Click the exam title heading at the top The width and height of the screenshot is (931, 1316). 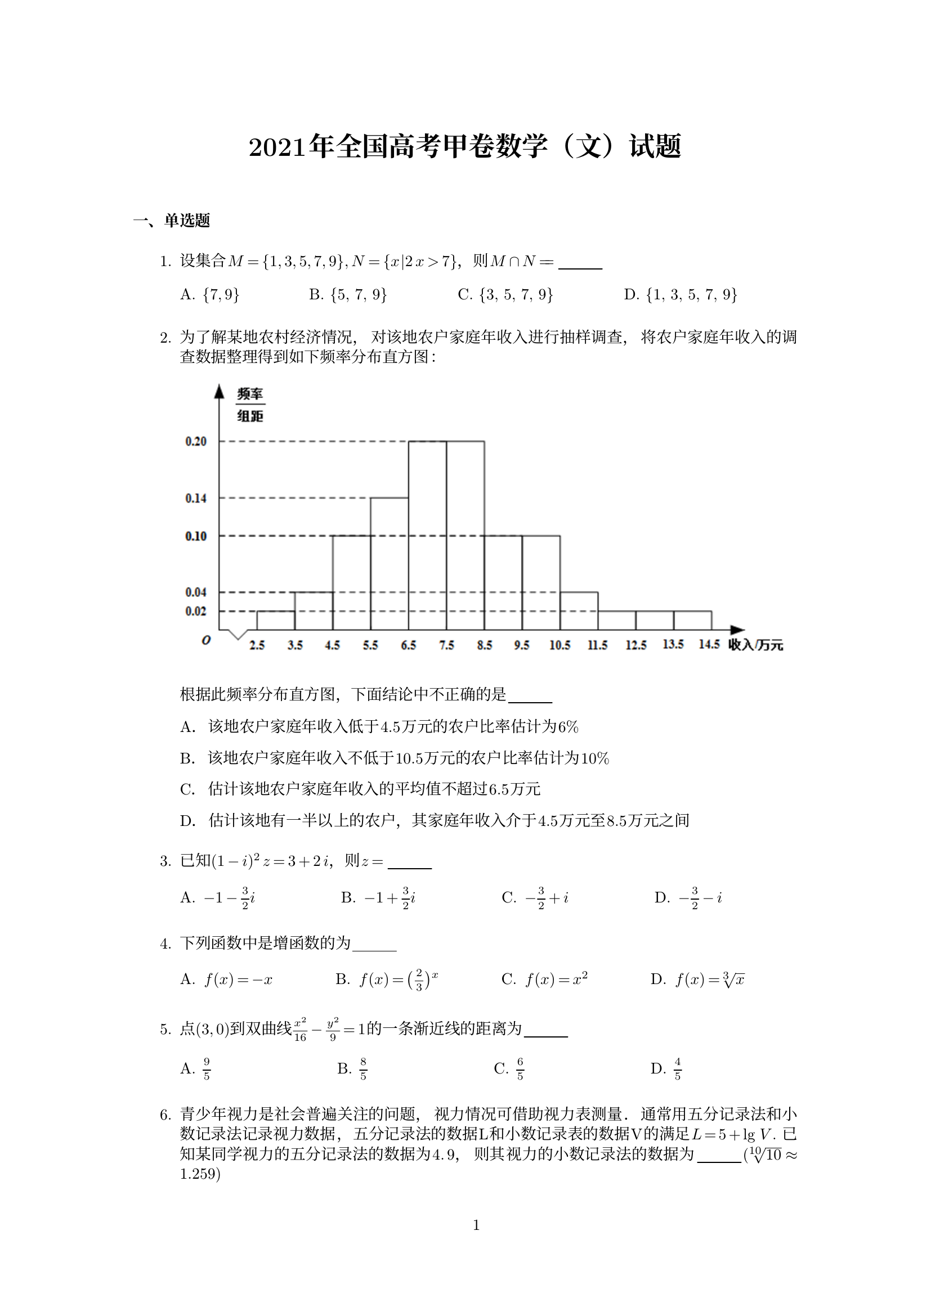click(465, 146)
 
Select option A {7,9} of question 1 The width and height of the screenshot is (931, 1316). click(210, 295)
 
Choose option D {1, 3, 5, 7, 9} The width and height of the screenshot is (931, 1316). click(680, 295)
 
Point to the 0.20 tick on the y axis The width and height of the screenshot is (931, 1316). click(195, 441)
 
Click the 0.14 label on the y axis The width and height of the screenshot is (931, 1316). click(195, 498)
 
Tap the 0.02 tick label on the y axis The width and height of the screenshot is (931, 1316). click(195, 611)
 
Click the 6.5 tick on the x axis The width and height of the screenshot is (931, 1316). click(408, 645)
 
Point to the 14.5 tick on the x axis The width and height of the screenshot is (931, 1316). click(709, 645)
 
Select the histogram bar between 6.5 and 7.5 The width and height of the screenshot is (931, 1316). click(427, 536)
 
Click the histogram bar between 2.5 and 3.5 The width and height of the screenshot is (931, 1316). click(276, 621)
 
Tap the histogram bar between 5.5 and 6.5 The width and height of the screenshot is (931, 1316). click(390, 564)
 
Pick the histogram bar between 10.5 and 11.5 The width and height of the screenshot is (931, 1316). click(579, 612)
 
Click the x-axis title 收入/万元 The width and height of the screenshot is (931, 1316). click(755, 645)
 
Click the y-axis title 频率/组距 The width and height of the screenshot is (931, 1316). click(250, 405)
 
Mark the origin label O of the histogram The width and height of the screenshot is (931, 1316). click(207, 640)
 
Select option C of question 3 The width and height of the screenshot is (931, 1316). click(535, 898)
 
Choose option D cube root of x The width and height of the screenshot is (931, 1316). click(697, 980)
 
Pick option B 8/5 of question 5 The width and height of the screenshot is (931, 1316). click(352, 1068)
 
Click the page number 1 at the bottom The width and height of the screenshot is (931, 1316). click(476, 1225)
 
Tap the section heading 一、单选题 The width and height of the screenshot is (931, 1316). click(172, 221)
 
